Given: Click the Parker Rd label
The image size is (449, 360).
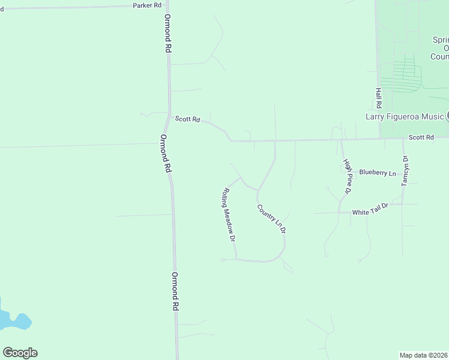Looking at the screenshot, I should tap(147, 5).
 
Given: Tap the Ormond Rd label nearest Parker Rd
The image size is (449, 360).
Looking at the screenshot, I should tap(168, 34).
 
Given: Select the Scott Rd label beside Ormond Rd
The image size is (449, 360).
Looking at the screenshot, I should tap(187, 119).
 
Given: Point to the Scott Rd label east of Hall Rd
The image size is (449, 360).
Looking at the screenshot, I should tap(421, 137).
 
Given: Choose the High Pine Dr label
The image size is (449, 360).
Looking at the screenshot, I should tap(346, 176).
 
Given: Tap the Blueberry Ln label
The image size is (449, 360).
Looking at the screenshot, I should tap(378, 173).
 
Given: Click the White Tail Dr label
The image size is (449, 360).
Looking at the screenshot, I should tap(370, 212).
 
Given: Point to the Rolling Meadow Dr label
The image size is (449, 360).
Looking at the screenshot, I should tap(228, 214).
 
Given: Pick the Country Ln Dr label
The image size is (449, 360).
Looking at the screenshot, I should tap(271, 219).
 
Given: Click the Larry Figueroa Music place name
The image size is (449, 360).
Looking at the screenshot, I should tap(405, 116).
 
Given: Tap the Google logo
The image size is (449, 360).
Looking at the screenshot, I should tap(20, 353).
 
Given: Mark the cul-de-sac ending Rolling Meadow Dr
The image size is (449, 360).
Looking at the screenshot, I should tap(223, 260).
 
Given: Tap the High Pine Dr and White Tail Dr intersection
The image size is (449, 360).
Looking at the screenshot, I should tap(339, 212).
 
